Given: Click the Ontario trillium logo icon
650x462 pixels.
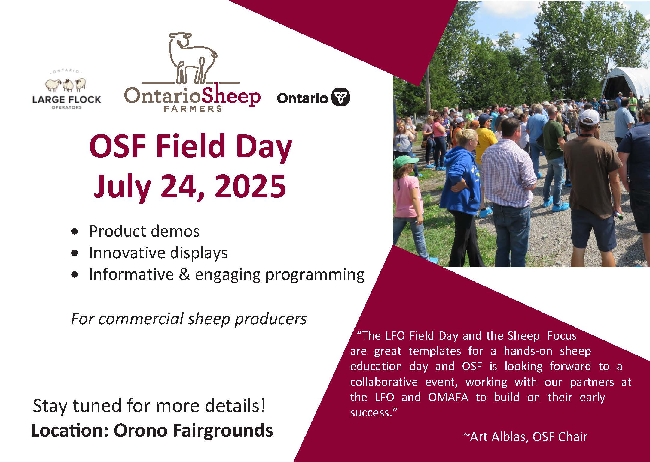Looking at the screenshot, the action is pyautogui.click(x=340, y=97).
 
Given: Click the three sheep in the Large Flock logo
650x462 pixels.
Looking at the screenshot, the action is pyautogui.click(x=66, y=85).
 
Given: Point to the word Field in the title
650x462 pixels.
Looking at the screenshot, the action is pyautogui.click(x=191, y=145).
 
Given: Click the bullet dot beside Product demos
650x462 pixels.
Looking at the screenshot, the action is pyautogui.click(x=75, y=232).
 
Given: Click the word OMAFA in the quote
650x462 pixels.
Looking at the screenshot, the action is pyautogui.click(x=448, y=397).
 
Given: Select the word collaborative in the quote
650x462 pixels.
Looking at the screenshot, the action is pyautogui.click(x=384, y=382).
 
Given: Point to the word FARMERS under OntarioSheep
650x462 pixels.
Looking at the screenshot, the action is pyautogui.click(x=193, y=108).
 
